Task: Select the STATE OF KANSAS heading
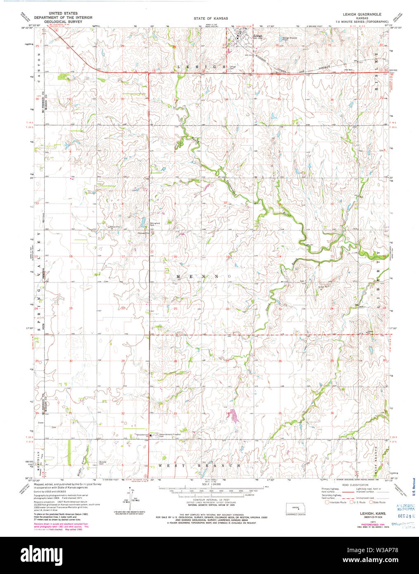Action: click(x=211, y=19)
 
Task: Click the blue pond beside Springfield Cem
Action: click(x=142, y=223)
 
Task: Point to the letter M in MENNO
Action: click(x=168, y=276)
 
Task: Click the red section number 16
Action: click(x=175, y=257)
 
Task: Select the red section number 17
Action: click(x=123, y=257)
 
